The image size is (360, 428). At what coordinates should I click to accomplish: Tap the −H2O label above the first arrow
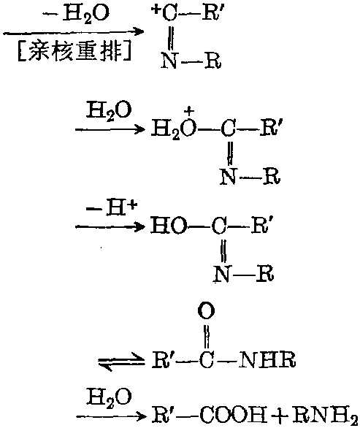pos(77,13)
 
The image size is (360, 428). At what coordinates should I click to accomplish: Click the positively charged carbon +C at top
pos(165,13)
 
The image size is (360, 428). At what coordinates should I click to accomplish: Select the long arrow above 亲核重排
pos(73,32)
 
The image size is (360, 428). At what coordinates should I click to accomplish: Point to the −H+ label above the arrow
pos(111,209)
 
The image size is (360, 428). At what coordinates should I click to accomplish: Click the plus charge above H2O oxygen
pos(189,111)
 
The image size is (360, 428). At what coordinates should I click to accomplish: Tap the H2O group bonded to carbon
pos(174,129)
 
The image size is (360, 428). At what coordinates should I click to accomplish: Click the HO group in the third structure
pos(169,226)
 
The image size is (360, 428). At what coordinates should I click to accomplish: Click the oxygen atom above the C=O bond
pos(207,310)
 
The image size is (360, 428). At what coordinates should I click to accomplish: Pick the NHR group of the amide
pos(267,359)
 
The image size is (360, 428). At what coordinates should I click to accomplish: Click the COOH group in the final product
pos(234,415)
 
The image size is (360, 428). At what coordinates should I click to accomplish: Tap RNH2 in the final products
pos(325,416)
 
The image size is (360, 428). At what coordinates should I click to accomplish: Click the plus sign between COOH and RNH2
pos(279,416)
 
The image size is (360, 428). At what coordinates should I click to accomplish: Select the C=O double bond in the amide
pos(207,336)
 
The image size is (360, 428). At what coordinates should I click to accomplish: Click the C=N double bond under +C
pos(171,37)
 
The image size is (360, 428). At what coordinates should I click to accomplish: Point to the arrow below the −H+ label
pos(110,226)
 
